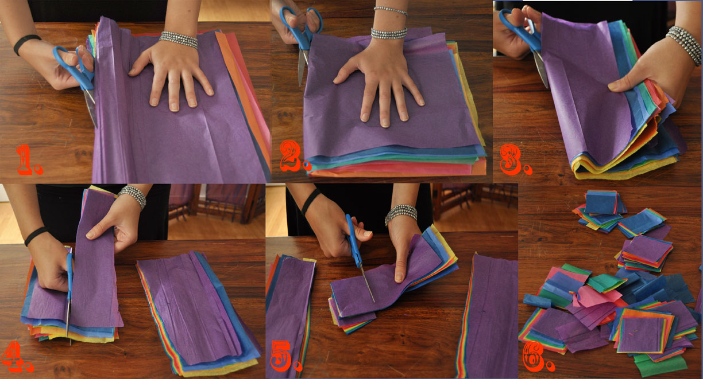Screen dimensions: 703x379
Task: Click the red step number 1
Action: tap(29, 160)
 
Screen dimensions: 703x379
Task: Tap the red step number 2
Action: tap(295, 156)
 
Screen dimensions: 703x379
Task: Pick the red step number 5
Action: tap(285, 356)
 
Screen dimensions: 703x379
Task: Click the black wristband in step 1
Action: tap(26, 43)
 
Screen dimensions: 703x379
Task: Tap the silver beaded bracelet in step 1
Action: tap(178, 40)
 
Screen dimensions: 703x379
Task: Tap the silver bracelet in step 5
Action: tap(401, 214)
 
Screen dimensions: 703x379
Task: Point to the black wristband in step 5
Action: tap(311, 201)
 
